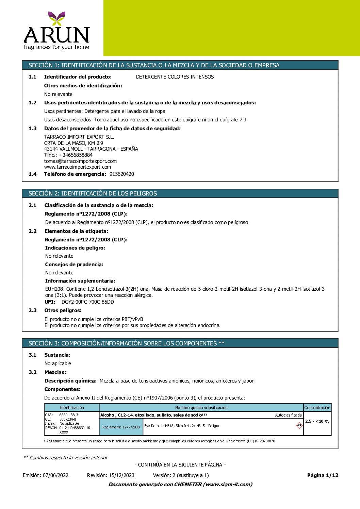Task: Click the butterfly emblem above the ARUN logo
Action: pos(56,18)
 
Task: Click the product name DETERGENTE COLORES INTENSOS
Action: pos(175,77)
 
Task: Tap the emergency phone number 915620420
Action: pos(122,174)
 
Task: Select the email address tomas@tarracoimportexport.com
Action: pos(80,161)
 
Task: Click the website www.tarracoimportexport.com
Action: pos(78,167)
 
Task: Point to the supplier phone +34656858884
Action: pos(76,155)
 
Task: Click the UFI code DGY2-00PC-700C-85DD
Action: pos(88,302)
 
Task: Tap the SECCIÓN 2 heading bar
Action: pos(180,193)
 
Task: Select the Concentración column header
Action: pos(317,408)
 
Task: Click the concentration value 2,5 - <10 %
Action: pos(317,421)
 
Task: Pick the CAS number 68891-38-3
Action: pos(69,415)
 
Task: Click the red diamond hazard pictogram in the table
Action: pos(299,425)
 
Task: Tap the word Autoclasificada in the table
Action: pos(288,415)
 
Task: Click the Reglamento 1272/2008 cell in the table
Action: pos(121,427)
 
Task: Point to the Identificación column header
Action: pos(72,408)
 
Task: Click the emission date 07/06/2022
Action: pos(55,475)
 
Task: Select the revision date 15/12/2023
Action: pos(121,475)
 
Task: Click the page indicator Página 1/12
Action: pos(323,475)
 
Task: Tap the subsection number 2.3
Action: pos(33,310)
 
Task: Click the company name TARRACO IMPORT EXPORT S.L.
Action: pos(79,137)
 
